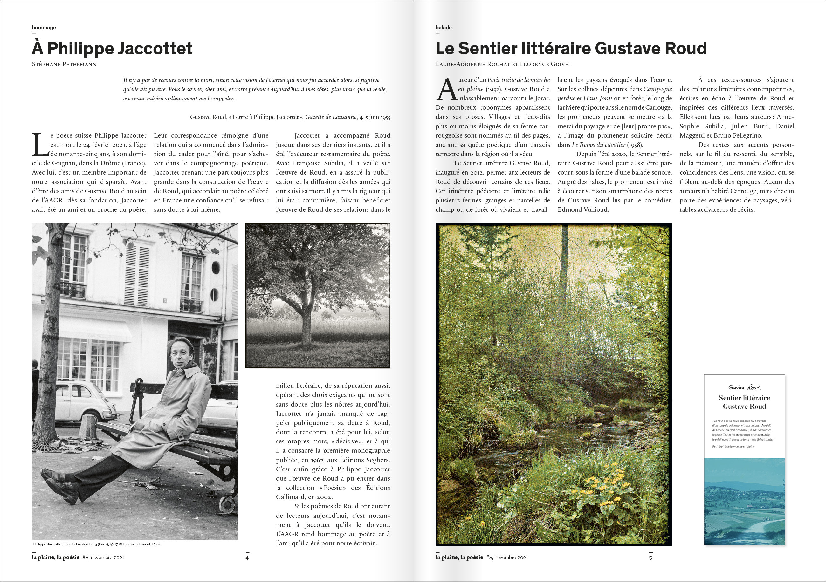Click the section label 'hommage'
(x=44, y=28)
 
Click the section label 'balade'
(x=443, y=28)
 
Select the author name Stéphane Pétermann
(x=64, y=65)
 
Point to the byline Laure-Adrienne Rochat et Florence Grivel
(x=503, y=65)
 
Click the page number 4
(x=247, y=558)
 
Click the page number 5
(x=650, y=558)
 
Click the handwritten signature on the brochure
(x=744, y=387)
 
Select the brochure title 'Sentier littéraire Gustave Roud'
(x=744, y=402)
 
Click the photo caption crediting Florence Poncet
(x=97, y=544)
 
